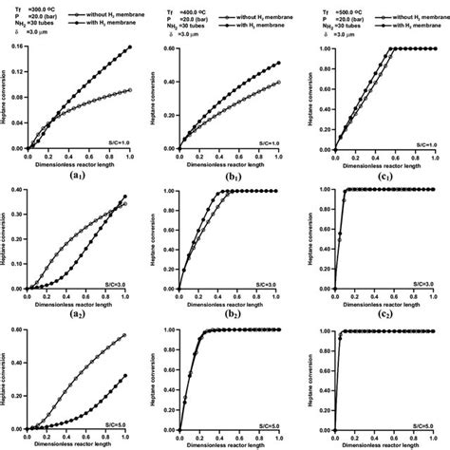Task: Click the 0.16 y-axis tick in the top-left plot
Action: pyautogui.click(x=17, y=47)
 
